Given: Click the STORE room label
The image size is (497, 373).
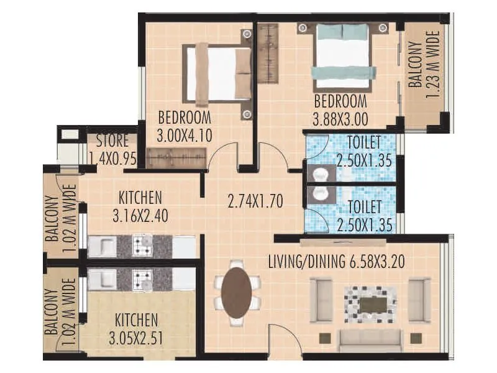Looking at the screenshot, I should (x=112, y=140).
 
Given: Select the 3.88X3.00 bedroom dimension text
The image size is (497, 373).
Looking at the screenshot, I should (x=340, y=116).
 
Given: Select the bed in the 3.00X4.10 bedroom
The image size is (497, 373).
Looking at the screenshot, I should (x=217, y=74).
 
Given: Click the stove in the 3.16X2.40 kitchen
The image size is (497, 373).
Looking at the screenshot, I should (x=142, y=245).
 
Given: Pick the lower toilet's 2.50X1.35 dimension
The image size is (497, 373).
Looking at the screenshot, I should (x=364, y=224).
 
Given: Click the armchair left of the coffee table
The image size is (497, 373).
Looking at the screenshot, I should (x=321, y=300).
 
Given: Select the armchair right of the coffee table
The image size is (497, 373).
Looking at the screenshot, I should (x=419, y=300).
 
